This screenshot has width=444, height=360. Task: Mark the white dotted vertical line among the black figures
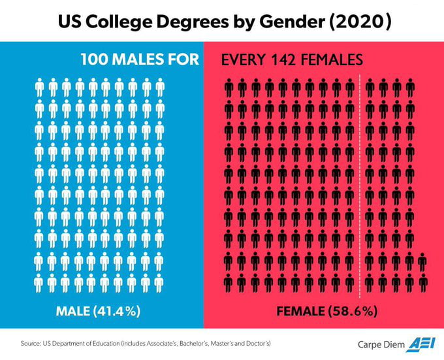coord(361,183)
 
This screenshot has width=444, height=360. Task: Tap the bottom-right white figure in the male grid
coord(159,282)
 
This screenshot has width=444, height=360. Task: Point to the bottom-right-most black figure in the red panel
coord(423,282)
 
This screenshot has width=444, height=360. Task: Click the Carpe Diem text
coord(379,344)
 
